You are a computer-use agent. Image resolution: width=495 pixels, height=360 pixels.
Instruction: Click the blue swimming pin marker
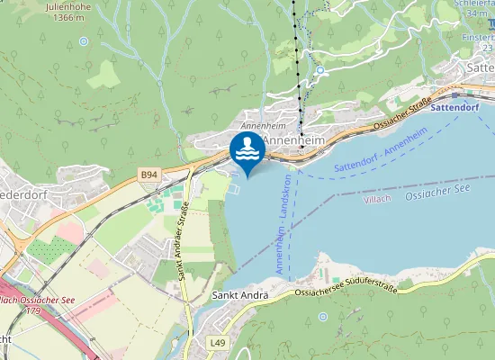(247, 149)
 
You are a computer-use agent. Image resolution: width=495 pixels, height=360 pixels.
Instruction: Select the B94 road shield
(149, 173)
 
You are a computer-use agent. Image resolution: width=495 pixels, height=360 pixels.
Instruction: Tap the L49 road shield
(217, 343)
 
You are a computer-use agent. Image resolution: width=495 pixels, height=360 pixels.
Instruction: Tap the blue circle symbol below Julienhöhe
(84, 40)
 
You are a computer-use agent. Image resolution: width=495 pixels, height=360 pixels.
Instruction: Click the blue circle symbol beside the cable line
(319, 69)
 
